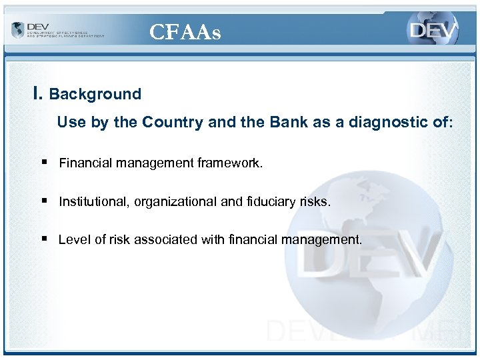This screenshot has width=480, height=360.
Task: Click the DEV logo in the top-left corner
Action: [57, 30]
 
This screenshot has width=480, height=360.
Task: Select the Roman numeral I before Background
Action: [37, 94]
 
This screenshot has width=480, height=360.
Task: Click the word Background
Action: [95, 95]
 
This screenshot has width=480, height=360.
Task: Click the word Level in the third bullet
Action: [73, 240]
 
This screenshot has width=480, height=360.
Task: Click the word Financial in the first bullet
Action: [85, 163]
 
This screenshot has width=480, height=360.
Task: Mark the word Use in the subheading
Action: [69, 123]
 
